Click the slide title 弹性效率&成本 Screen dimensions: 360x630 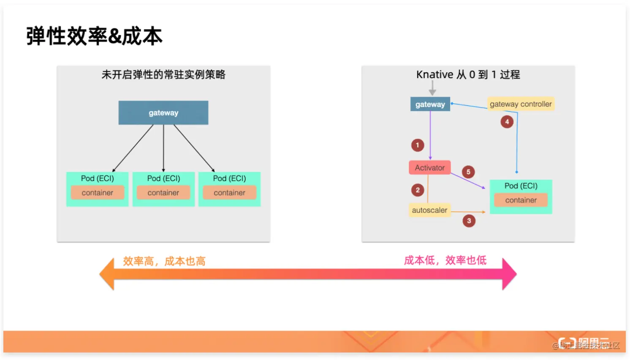tap(94, 36)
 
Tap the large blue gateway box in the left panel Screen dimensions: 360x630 tap(163, 113)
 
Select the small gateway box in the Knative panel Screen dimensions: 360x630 tap(430, 104)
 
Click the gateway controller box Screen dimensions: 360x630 tap(521, 104)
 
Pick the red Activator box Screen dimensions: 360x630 tap(429, 168)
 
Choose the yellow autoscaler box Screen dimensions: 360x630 tap(429, 210)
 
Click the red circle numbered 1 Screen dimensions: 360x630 tap(418, 145)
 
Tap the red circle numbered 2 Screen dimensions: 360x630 tap(418, 190)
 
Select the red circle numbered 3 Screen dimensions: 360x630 tap(469, 221)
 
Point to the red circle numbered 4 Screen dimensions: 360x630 tap(507, 122)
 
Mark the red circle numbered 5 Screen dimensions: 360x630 tap(468, 172)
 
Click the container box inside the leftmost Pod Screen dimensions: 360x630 tap(97, 193)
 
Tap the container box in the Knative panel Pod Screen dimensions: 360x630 tap(521, 200)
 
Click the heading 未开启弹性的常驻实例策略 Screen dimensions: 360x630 tap(163, 75)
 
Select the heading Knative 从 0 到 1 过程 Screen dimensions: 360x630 tap(468, 75)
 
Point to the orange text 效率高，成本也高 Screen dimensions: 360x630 tap(164, 261)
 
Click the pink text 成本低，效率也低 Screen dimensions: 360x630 tap(445, 260)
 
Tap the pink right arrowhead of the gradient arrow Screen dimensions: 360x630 tap(509, 274)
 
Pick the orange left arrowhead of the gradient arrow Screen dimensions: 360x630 tap(107, 274)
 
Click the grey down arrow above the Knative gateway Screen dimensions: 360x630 tap(432, 88)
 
